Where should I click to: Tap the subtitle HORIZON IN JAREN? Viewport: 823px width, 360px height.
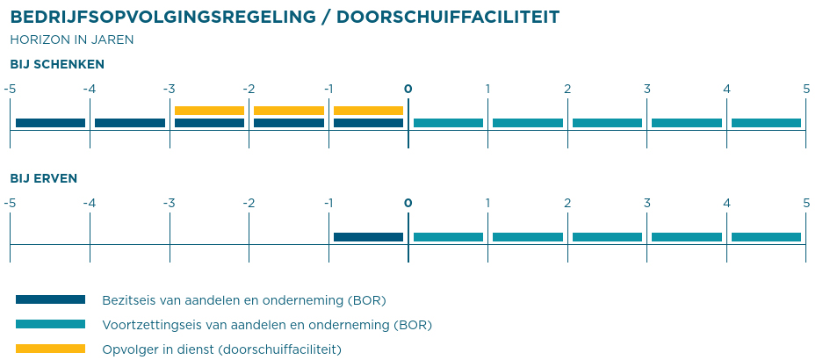pos(71,40)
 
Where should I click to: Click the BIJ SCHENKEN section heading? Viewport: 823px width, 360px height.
pos(57,64)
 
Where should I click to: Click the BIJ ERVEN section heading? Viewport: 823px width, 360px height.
pos(43,178)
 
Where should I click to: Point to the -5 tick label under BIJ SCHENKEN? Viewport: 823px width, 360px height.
pos(10,89)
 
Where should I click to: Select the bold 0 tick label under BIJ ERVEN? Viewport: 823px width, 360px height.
pos(408,203)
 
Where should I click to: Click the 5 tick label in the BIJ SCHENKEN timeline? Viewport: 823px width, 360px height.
pos(806,89)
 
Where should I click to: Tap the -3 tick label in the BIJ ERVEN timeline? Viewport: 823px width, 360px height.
pos(169,203)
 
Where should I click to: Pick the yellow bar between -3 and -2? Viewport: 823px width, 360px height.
pos(209,111)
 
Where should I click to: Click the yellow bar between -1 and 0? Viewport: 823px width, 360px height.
pos(368,111)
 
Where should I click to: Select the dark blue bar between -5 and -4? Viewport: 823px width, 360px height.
pos(50,123)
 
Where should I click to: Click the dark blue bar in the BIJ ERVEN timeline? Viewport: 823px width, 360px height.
pos(368,237)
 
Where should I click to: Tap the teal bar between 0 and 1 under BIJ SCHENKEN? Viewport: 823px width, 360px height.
pos(448,123)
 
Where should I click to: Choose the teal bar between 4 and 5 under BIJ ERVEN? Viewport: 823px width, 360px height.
pos(766,237)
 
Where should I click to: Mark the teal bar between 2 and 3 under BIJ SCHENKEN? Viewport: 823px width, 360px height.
pos(607,123)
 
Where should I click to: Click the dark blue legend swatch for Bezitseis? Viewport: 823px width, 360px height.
pos(50,299)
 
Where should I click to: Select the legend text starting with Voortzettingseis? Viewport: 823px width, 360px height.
pos(267,325)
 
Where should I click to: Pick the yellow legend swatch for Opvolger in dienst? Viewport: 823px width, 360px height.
pos(50,349)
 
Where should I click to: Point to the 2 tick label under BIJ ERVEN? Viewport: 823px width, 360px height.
pos(567,203)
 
